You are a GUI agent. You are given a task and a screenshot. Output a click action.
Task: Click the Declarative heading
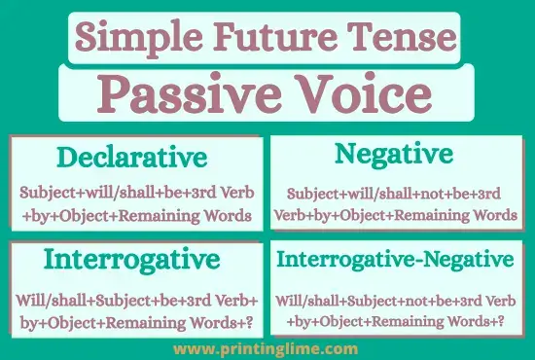pyautogui.click(x=131, y=158)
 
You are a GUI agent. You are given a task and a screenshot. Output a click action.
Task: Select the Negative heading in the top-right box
pyautogui.click(x=393, y=155)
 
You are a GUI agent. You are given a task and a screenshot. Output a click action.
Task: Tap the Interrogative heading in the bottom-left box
pyautogui.click(x=131, y=260)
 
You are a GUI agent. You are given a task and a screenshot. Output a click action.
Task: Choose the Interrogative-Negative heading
pyautogui.click(x=394, y=260)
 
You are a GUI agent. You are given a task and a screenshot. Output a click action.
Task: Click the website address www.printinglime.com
pyautogui.click(x=267, y=347)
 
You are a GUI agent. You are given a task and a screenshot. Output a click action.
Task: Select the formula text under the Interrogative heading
pyautogui.click(x=135, y=306)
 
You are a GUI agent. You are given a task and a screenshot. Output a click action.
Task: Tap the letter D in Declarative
pyautogui.click(x=64, y=158)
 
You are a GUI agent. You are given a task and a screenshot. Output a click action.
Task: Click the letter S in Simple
pyautogui.click(x=87, y=39)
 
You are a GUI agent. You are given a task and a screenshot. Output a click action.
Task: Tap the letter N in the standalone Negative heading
pyautogui.click(x=343, y=155)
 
